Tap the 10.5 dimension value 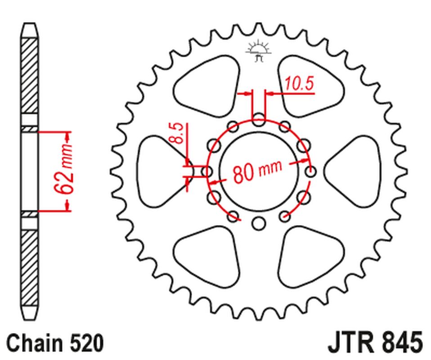coord(299,84)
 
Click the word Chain coord(34,342)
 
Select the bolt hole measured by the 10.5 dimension coord(259,120)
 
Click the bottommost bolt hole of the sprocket coord(258,222)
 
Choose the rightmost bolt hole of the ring coord(310,171)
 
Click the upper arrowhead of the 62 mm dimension coord(67,135)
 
